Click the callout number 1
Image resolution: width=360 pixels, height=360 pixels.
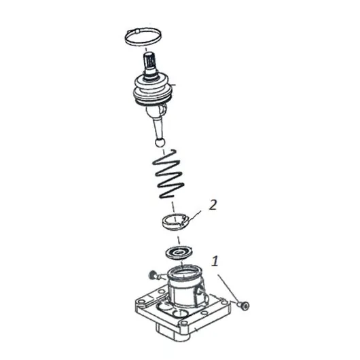pos(215,261)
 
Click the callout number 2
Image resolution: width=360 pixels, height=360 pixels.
pos(213,205)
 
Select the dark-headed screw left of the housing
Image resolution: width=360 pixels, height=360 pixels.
pos(154,275)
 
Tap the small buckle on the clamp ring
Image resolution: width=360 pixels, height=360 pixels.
pos(137,31)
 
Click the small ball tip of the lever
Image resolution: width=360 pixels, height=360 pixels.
pos(160,143)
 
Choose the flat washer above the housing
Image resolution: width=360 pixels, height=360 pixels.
pos(179,253)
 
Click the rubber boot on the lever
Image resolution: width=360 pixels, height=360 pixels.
pos(152,92)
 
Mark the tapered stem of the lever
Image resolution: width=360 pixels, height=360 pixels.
pos(158,128)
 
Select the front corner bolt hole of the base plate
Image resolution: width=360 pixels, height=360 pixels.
pos(183,323)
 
